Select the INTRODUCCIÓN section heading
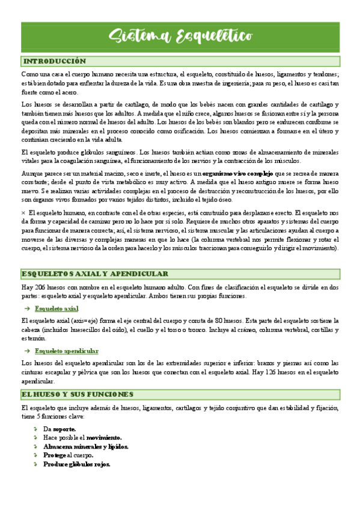pyautogui.click(x=54, y=61)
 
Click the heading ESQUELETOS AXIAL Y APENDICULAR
pyautogui.click(x=94, y=274)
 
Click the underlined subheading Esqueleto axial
pyautogui.click(x=56, y=309)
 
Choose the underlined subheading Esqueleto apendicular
pyautogui.click(x=67, y=351)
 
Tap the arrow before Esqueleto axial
pyautogui.click(x=26, y=309)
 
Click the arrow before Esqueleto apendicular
pyautogui.click(x=26, y=351)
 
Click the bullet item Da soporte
pyautogui.click(x=59, y=429)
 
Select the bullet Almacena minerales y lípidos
pyautogui.click(x=85, y=447)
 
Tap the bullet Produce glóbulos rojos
pyautogui.click(x=76, y=464)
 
